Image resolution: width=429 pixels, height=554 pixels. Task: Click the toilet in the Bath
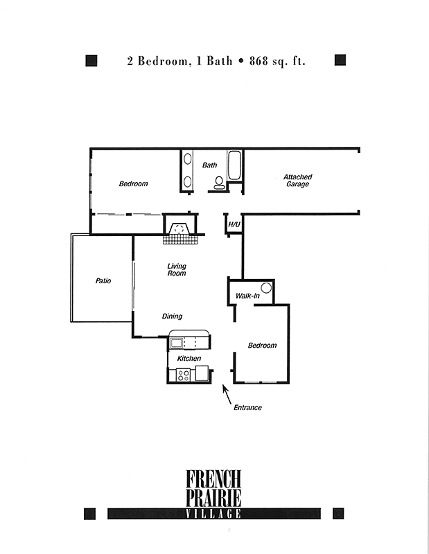coord(219,183)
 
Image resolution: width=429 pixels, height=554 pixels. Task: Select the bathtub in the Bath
coord(234,166)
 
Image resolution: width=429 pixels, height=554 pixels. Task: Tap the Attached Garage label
coord(298,180)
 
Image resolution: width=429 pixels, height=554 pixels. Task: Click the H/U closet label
coord(234,224)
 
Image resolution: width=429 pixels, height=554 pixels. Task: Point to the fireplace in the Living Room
coord(180,229)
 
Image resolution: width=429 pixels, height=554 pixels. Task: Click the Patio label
coord(103,280)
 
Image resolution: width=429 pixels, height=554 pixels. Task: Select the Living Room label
coord(177,269)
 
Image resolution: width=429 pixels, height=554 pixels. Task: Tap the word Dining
coord(173,316)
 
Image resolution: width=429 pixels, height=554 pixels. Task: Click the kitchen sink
coord(176,343)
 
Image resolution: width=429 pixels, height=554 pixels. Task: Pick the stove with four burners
coord(183,375)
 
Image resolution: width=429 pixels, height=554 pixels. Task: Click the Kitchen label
coord(189,359)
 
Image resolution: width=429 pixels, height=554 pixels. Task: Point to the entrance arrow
coord(227,394)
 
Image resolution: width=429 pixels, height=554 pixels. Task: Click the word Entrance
coord(247,407)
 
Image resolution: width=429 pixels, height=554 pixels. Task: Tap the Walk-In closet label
coord(247,296)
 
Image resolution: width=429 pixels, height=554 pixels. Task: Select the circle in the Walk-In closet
coord(266,288)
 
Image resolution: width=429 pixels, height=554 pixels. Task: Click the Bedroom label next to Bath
coord(133,184)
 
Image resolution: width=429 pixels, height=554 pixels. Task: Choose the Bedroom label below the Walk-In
coord(262,345)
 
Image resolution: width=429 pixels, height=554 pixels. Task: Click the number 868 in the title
coord(259,61)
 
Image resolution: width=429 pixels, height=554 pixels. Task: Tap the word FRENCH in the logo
coord(213,479)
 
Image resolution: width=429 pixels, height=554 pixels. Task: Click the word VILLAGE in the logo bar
coord(213,514)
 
